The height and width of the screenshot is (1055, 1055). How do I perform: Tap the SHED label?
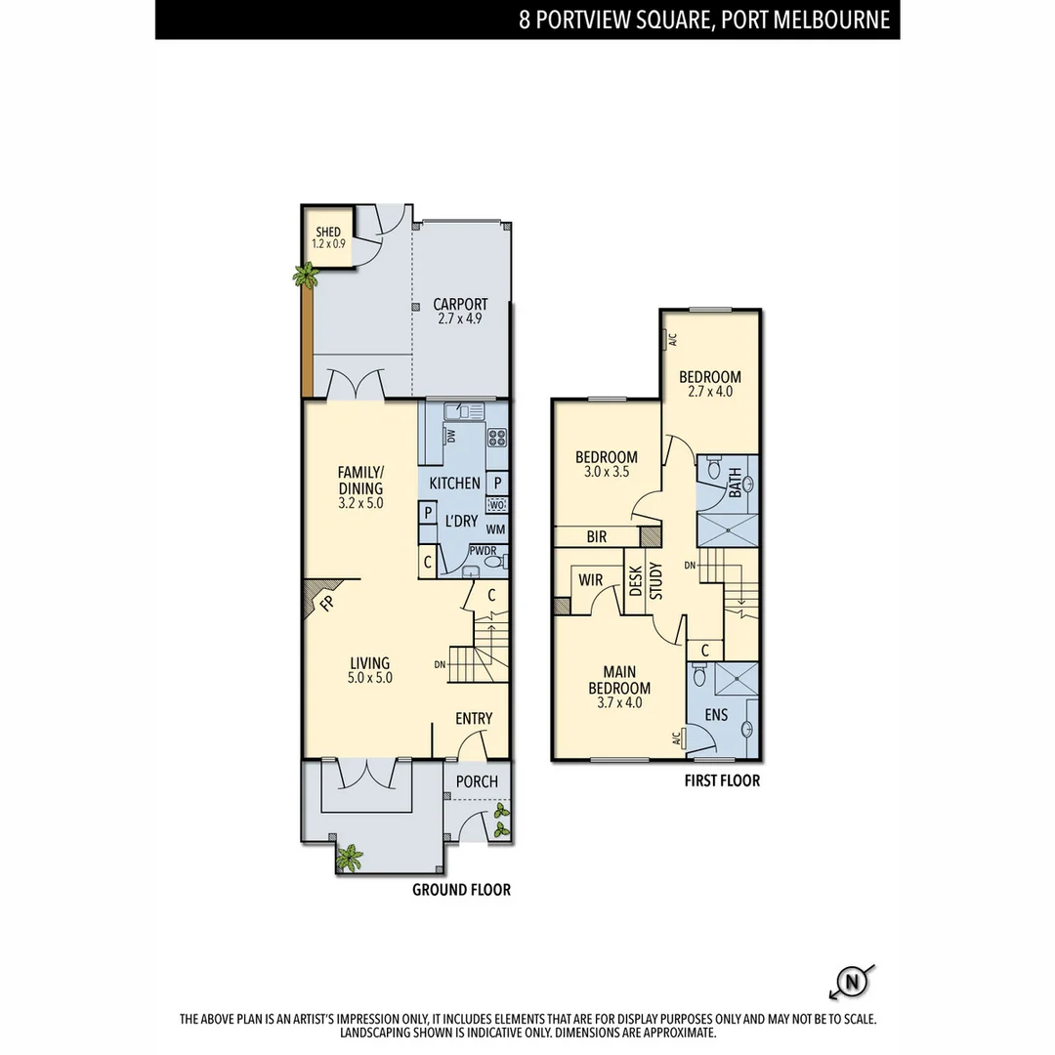coord(328,232)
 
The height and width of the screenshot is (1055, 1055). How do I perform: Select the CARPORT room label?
coord(460,304)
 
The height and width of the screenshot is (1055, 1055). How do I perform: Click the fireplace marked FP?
coord(325,602)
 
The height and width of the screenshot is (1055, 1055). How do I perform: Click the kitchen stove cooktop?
coord(496,438)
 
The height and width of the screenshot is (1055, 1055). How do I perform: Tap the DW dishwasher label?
coord(451,437)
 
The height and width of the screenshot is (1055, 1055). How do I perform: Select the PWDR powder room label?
coord(483,551)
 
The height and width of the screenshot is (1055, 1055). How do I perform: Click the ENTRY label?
coord(474,719)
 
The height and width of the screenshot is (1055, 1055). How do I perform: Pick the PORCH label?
coord(477,781)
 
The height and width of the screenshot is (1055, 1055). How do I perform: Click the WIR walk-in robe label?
coord(590,579)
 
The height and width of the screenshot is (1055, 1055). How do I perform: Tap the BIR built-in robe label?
coord(597,536)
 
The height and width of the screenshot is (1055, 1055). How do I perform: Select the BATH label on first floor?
coord(735,481)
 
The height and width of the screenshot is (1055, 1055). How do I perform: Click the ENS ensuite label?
coord(716,715)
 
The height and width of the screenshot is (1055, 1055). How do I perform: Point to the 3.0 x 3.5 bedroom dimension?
coord(607,473)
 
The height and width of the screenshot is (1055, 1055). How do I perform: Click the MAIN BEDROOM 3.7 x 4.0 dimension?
coord(619,701)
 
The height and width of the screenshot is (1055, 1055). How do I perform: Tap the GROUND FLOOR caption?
coord(461,890)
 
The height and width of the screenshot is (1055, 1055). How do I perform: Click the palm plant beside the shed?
coord(307,277)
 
